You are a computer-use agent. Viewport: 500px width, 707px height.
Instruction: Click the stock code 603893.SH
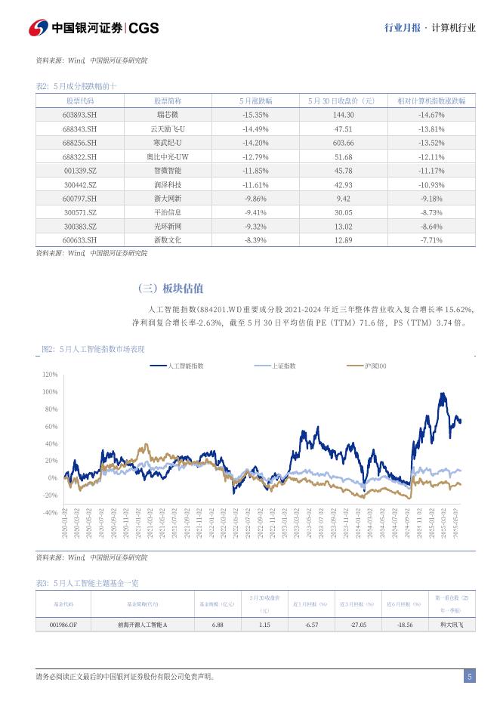80,115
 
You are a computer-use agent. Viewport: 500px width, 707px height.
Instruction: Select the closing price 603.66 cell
343,143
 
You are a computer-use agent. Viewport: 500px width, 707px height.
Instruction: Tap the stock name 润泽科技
168,184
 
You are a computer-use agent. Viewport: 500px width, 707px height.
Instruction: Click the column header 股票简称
168,100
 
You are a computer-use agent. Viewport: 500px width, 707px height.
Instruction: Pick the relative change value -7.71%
431,240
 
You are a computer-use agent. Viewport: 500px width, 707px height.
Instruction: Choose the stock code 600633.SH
80,240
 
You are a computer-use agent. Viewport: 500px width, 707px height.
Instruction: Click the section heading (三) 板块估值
170,289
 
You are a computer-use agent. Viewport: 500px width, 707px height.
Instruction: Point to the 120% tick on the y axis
50,375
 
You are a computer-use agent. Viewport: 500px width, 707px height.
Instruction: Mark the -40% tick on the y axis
50,513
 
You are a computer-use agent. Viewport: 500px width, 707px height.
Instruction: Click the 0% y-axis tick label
53,478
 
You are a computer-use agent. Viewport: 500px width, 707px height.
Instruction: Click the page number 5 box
470,677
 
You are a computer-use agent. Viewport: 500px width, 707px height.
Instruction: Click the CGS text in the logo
144,28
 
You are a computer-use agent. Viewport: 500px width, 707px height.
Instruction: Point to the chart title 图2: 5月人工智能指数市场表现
92,349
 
